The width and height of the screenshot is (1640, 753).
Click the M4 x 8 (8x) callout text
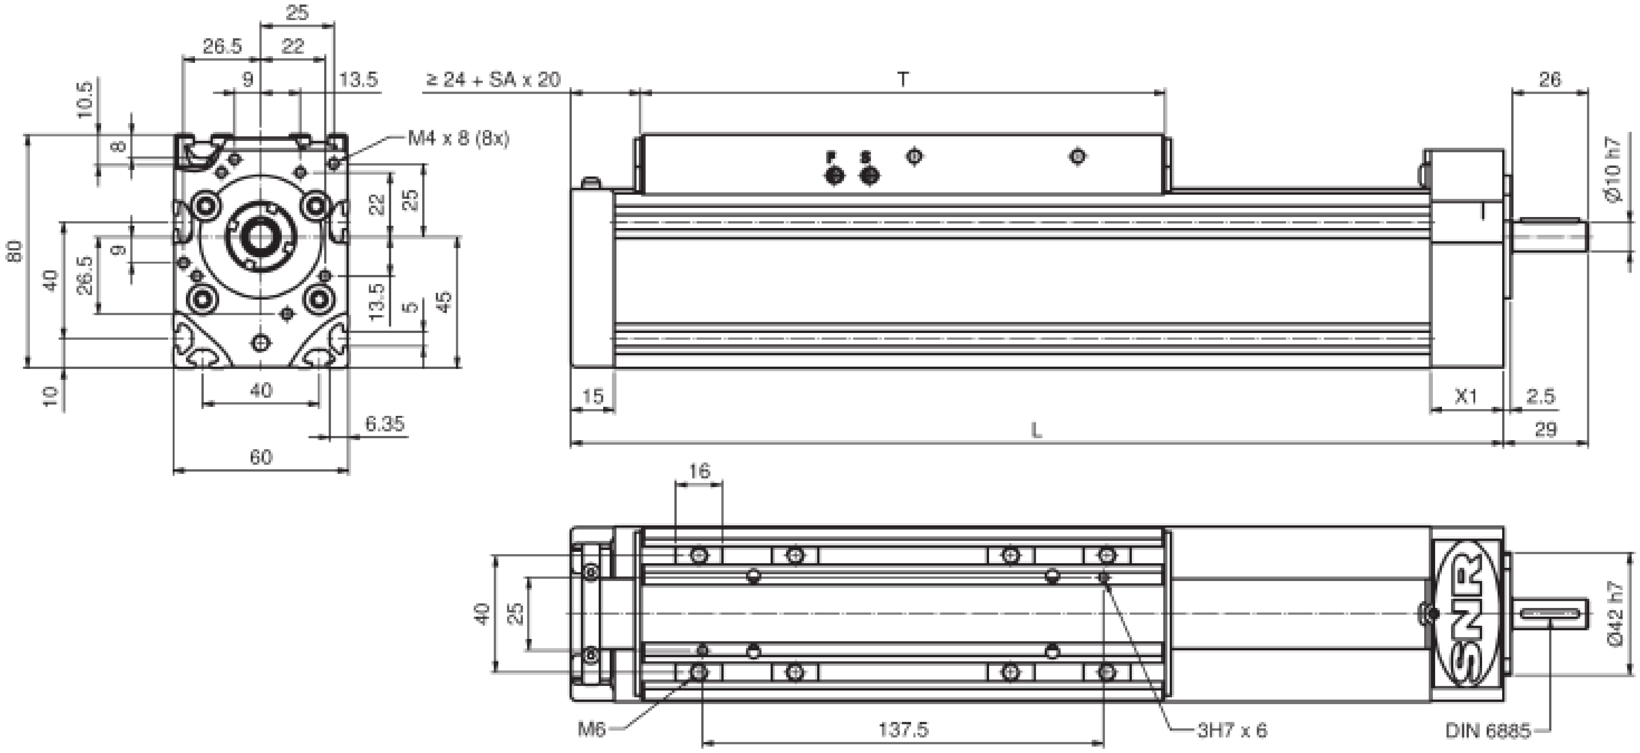(459, 138)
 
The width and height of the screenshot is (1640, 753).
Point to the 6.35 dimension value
(384, 423)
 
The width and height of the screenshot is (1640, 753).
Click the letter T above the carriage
(903, 80)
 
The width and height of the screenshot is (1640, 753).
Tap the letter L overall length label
(1036, 431)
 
